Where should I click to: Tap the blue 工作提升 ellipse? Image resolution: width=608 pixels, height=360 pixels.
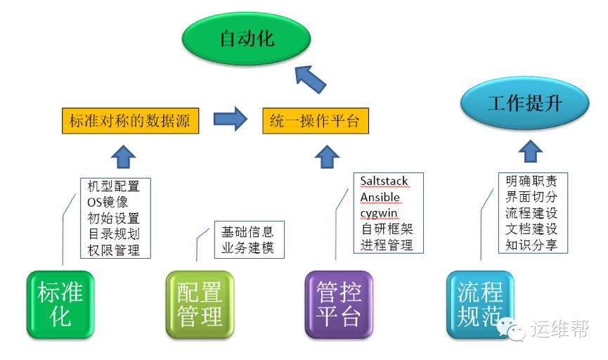click(x=525, y=103)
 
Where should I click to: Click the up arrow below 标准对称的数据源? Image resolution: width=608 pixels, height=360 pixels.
click(x=124, y=156)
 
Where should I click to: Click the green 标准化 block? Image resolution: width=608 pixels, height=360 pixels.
click(x=60, y=304)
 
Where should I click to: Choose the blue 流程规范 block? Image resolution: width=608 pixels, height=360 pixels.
click(x=480, y=304)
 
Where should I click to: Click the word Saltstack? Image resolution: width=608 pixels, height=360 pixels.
click(x=384, y=181)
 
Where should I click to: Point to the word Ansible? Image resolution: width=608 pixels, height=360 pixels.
click(x=380, y=197)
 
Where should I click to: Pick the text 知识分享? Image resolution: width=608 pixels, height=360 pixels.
click(x=531, y=245)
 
